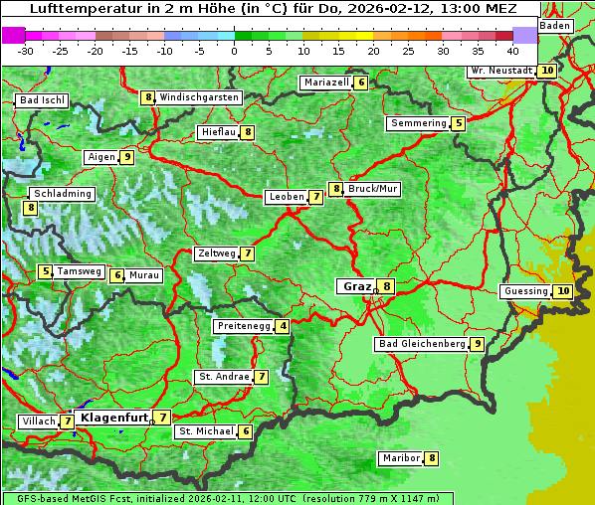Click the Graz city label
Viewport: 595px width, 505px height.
pyautogui.click(x=356, y=286)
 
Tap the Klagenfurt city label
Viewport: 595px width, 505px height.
pyautogui.click(x=111, y=418)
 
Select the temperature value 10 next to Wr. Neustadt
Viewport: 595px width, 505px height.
pyautogui.click(x=547, y=71)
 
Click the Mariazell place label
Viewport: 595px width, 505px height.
pyautogui.click(x=326, y=83)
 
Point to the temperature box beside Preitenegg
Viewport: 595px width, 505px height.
pyautogui.click(x=284, y=326)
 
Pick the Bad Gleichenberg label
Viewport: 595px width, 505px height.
pyautogui.click(x=422, y=344)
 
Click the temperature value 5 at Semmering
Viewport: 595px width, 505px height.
pyautogui.click(x=458, y=123)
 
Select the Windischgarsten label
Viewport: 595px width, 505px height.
pyautogui.click(x=199, y=97)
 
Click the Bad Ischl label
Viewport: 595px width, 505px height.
pyautogui.click(x=42, y=100)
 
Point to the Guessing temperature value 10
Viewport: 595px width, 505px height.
pyautogui.click(x=563, y=291)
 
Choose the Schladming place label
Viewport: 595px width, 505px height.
pyautogui.click(x=62, y=194)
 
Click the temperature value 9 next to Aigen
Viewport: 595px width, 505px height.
pyautogui.click(x=127, y=157)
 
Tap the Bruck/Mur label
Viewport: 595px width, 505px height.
pyautogui.click(x=373, y=189)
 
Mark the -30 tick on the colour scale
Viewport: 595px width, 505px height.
pyautogui.click(x=27, y=50)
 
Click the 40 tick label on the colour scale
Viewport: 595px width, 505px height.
pyautogui.click(x=512, y=50)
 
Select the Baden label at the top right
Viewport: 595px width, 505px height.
pyautogui.click(x=555, y=25)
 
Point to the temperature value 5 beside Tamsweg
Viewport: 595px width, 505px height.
pyautogui.click(x=45, y=271)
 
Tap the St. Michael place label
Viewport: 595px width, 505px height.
pyautogui.click(x=206, y=431)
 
